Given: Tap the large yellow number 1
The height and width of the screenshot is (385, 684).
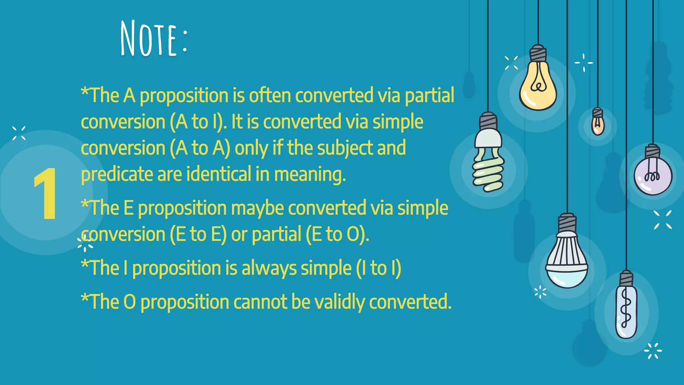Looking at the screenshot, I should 46,194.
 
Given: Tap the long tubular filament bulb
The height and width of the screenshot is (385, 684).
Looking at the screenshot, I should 626,311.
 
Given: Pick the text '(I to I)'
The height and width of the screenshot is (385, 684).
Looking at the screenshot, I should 378,268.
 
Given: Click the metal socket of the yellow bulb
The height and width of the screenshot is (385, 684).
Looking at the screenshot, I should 538,53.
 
